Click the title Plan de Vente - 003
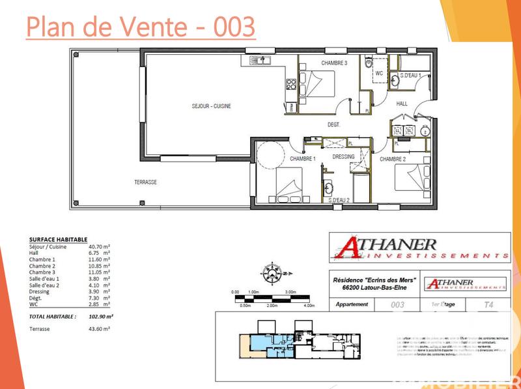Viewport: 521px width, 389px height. coord(140,27)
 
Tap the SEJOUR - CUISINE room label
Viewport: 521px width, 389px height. coord(211,106)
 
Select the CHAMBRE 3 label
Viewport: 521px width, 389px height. coord(333,63)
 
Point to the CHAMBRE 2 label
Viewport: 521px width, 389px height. coord(393,159)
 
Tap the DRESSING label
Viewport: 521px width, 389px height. coord(343,156)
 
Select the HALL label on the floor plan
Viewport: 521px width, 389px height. coord(402,103)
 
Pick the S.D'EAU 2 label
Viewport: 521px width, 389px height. coord(340,200)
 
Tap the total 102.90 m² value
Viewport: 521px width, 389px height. coord(100,316)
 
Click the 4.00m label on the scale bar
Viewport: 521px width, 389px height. coord(309,305)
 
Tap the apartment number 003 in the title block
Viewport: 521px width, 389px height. coord(397,304)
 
